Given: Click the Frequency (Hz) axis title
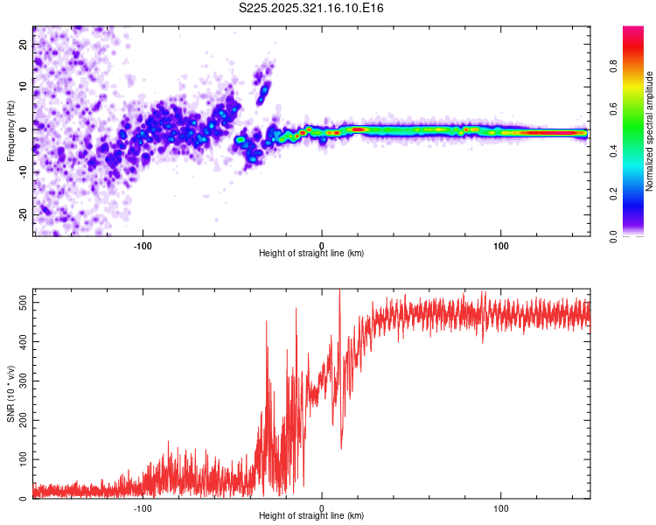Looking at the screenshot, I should point(11,131).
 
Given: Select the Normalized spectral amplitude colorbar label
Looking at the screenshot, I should point(649,131).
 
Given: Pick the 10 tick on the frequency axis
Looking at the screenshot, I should point(23,86).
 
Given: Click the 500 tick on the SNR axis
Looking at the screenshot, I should point(20,302).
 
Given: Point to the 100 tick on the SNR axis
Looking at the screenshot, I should point(20,459).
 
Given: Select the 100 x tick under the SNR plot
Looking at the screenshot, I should point(501,507).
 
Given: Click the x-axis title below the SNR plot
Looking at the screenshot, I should point(312,516).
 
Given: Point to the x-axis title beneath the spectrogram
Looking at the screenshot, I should point(312,254).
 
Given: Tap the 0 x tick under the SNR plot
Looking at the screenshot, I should point(322,507).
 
